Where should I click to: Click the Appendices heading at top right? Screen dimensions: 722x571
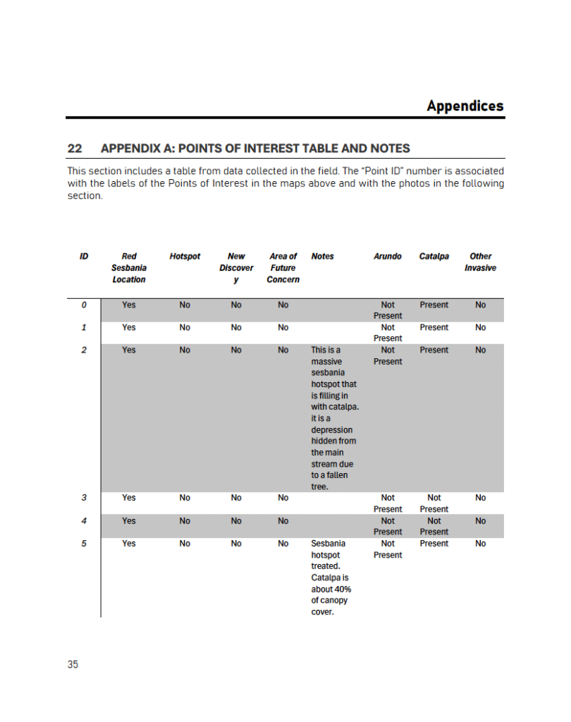coord(465,106)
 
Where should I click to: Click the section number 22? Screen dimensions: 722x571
coord(75,149)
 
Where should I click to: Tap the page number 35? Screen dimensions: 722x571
coord(73,664)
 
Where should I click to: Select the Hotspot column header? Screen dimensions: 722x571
coord(185,257)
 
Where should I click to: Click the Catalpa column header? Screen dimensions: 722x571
coord(434,257)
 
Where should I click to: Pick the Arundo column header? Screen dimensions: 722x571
coord(388,257)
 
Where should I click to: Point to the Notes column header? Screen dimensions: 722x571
coord(322,257)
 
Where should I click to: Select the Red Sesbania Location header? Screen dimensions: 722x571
coord(129,268)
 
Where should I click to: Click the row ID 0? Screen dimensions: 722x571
coord(84,305)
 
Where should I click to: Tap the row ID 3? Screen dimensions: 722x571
coord(84,498)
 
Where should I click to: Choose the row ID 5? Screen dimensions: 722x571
coord(84,544)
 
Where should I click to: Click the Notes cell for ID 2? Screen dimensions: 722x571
coord(334,418)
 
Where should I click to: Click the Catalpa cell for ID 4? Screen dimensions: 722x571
coord(434,526)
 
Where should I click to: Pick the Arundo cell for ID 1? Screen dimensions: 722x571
coord(388,333)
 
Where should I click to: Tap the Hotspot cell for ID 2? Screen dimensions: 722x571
coord(185,350)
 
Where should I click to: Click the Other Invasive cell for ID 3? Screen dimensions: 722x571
coord(480,498)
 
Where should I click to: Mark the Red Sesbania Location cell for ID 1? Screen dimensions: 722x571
coord(129,328)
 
